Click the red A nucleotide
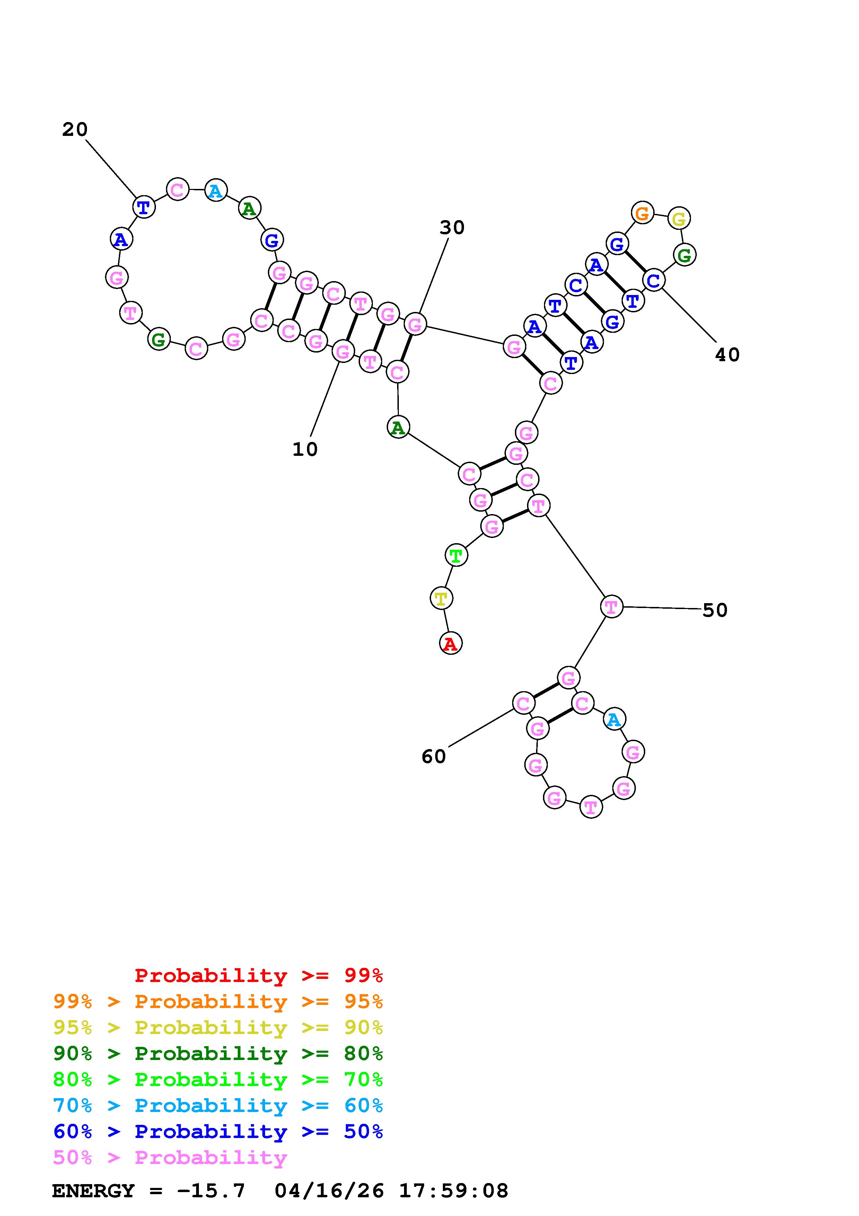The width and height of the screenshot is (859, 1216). pyautogui.click(x=450, y=643)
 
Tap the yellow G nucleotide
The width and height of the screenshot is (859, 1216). pyautogui.click(x=678, y=218)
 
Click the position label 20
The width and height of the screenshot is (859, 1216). pyautogui.click(x=74, y=129)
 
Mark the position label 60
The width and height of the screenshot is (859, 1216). pyautogui.click(x=433, y=756)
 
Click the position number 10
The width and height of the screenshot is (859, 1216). pyautogui.click(x=305, y=449)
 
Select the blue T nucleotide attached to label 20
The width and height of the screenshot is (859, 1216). pyautogui.click(x=143, y=207)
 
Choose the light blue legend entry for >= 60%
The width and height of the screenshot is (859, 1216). pyautogui.click(x=218, y=1105)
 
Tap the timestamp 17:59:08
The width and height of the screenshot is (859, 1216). pyautogui.click(x=453, y=1191)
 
